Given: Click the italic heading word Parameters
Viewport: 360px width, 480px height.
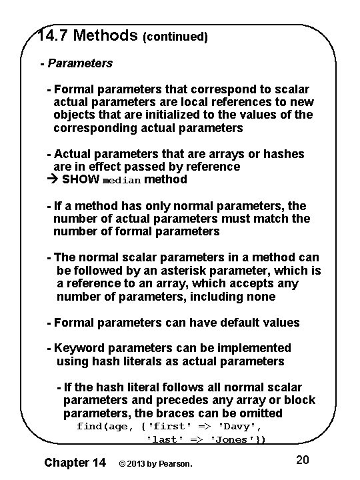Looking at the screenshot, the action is pos(79,64).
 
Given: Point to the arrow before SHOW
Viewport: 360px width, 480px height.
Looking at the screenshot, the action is pos(54,179).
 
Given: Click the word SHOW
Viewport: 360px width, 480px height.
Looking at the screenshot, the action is pos(81,179).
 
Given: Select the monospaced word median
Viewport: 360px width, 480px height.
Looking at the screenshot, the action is pos(122,180).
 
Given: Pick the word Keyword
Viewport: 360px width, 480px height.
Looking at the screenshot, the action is pos(79,348).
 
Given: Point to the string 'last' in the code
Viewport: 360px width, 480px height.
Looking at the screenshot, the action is pos(163,440).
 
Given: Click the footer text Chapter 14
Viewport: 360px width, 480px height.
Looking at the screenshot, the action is pos(74,461).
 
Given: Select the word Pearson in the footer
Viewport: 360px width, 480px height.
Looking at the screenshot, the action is pos(175,462).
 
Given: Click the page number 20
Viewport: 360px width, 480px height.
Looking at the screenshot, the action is pos(302,460).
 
